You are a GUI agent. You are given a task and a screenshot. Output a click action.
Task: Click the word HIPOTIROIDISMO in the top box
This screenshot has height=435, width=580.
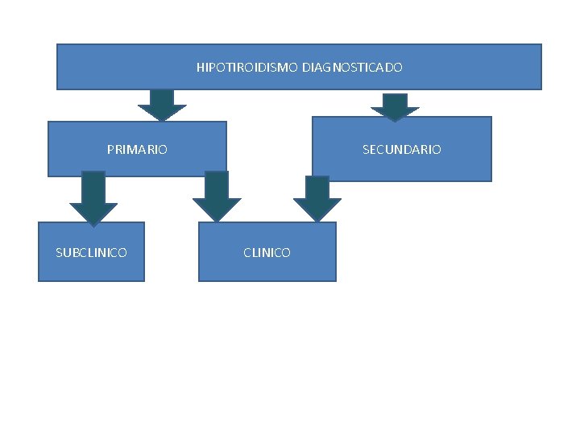(x=248, y=68)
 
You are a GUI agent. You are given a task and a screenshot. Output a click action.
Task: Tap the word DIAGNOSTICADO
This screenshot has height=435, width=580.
(x=353, y=68)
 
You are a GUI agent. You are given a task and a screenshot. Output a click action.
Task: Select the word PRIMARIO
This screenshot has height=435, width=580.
(x=137, y=150)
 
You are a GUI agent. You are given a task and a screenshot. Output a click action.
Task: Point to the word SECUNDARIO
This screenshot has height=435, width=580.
(x=401, y=150)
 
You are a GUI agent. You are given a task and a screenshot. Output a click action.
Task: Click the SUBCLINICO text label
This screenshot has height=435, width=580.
(x=91, y=253)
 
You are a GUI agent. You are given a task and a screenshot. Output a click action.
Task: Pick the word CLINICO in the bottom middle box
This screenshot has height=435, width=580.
(x=267, y=253)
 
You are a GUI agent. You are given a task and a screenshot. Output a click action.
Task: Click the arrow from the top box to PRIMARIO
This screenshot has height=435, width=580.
(x=162, y=105)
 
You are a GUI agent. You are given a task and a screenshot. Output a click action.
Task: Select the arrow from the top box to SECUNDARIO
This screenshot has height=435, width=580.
(x=395, y=106)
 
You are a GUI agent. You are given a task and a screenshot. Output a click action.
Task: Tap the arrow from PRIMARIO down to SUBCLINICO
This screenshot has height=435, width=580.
(x=93, y=197)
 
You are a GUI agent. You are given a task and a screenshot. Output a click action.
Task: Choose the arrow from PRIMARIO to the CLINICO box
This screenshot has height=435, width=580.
(x=217, y=197)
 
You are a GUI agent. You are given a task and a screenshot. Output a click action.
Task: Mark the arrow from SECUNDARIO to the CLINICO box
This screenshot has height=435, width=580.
(x=317, y=198)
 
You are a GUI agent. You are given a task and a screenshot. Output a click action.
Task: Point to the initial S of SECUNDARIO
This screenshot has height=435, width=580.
(x=366, y=150)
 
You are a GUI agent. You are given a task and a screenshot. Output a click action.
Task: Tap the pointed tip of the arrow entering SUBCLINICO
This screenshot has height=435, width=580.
(x=93, y=223)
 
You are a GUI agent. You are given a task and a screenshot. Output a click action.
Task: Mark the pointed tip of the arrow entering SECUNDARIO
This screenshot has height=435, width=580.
(x=395, y=119)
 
